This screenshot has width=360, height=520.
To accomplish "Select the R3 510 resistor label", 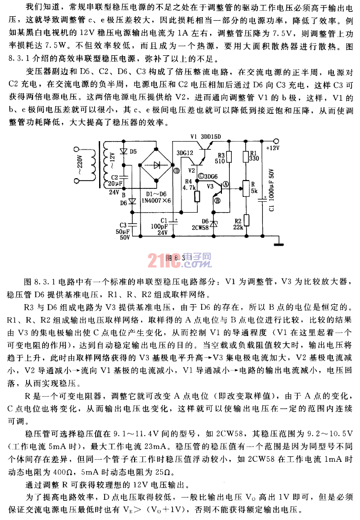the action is coord(221,158).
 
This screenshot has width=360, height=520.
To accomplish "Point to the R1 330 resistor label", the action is coord(254,155).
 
